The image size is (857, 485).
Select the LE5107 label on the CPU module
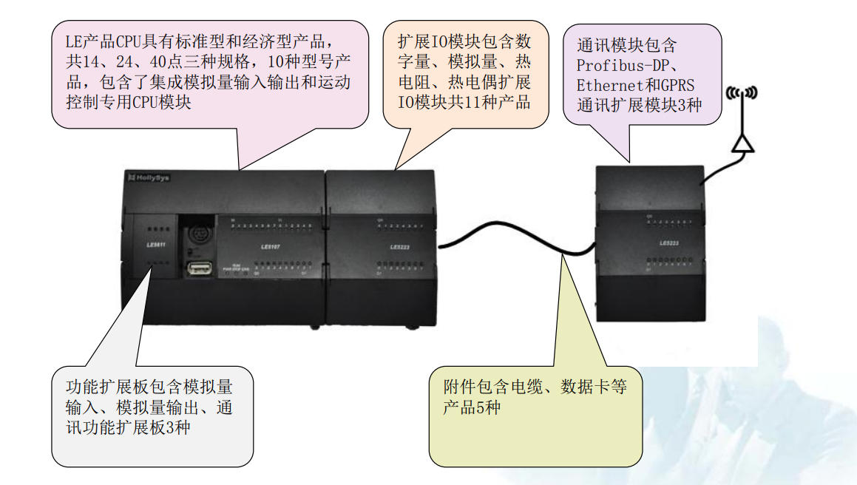(271, 245)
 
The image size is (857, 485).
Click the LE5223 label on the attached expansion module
(400, 247)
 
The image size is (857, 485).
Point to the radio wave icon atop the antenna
(742, 93)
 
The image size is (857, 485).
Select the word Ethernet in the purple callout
(604, 84)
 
